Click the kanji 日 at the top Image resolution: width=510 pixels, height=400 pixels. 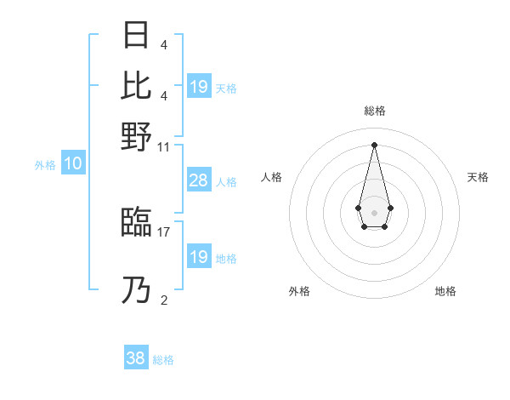pos(136,35)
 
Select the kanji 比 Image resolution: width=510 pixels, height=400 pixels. pos(136,85)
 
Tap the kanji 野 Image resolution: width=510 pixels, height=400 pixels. pos(136,136)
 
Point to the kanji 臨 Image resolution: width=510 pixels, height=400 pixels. pos(136,222)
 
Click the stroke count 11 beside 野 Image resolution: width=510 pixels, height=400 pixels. pos(164,146)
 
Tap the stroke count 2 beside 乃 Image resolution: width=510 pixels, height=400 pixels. pos(163,300)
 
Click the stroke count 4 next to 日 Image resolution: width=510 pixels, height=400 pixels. pos(163,44)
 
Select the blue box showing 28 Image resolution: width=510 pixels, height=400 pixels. pos(198,180)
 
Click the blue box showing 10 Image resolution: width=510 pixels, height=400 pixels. pos(72,164)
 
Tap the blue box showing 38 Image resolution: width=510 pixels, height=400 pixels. pos(136,358)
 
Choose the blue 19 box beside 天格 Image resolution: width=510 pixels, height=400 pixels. pos(198,87)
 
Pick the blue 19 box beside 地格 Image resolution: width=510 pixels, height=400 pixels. pos(198,257)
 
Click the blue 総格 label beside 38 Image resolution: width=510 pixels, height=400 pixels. pos(163,360)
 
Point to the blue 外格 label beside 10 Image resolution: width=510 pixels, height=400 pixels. pos(45,165)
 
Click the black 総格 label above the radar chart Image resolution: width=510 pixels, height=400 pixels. pos(375,111)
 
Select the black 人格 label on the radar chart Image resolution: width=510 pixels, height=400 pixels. pos(272,177)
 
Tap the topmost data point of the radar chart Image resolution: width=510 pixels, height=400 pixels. pos(374,144)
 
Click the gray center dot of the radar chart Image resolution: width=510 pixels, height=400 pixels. pos(374,211)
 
